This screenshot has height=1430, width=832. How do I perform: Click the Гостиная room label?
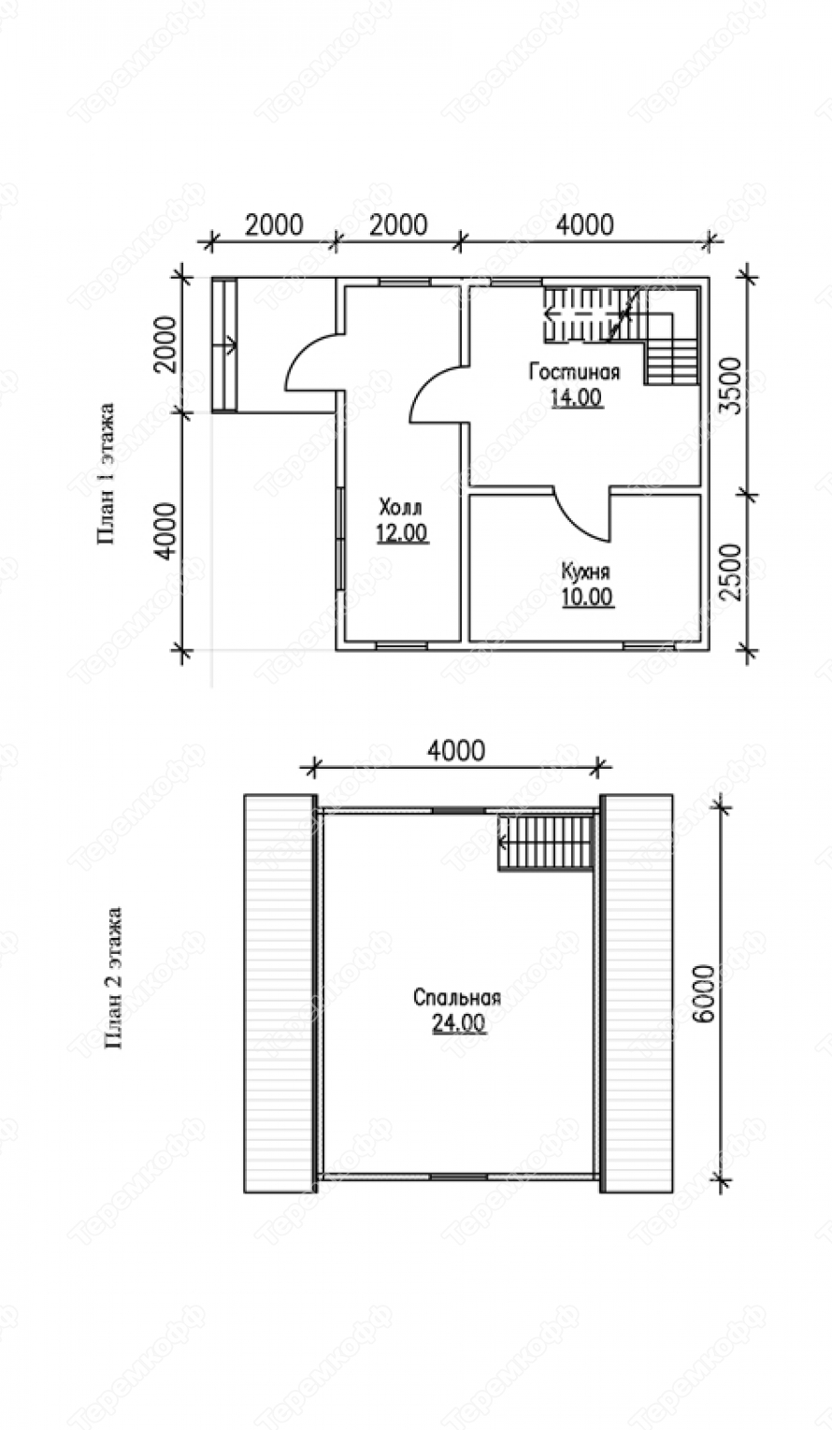[x=574, y=371]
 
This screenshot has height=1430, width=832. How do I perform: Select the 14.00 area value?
[x=576, y=398]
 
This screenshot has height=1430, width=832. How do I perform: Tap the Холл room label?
[x=401, y=508]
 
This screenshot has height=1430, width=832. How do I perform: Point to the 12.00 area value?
[x=402, y=533]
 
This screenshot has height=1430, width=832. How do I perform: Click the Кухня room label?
[x=586, y=571]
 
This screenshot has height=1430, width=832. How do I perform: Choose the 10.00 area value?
[x=588, y=597]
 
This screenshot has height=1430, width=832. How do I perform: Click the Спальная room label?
[x=457, y=997]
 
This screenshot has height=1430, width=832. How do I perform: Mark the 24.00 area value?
[x=459, y=1023]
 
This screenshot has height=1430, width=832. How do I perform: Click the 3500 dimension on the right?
[x=734, y=386]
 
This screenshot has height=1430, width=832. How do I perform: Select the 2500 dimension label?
[x=734, y=572]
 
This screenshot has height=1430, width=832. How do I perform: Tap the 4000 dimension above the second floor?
[x=456, y=750]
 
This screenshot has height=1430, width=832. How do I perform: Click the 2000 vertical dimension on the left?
[x=168, y=345]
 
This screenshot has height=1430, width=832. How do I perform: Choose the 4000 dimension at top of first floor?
[x=585, y=224]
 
